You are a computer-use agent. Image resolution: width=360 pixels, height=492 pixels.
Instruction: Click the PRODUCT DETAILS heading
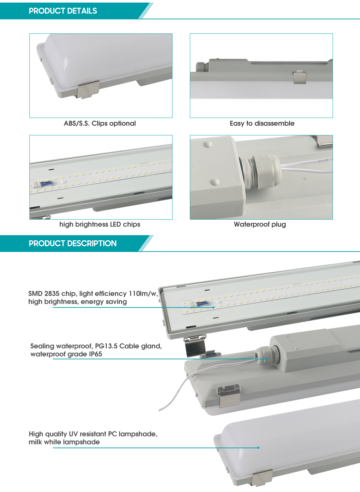(x=63, y=11)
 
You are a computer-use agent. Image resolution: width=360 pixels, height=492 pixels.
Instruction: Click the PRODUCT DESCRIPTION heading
(x=73, y=243)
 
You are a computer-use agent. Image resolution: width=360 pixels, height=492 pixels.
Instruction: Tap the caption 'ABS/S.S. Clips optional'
(x=100, y=123)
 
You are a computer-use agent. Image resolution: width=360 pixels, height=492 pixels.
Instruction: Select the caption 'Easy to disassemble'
(x=262, y=123)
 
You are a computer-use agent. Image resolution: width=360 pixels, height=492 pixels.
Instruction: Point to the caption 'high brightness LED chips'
(x=100, y=224)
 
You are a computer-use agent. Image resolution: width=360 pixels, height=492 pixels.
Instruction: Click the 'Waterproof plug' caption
(x=260, y=224)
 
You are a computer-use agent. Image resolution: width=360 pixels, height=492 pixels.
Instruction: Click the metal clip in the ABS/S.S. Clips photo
(x=88, y=89)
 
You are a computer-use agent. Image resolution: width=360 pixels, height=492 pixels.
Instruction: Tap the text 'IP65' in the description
(x=95, y=354)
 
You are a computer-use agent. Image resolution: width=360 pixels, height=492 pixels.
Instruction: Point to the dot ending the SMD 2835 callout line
(x=213, y=307)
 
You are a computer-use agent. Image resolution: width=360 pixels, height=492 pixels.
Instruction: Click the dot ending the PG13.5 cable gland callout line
(x=266, y=359)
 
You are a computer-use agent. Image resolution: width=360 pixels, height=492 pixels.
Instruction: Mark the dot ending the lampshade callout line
(x=258, y=448)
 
